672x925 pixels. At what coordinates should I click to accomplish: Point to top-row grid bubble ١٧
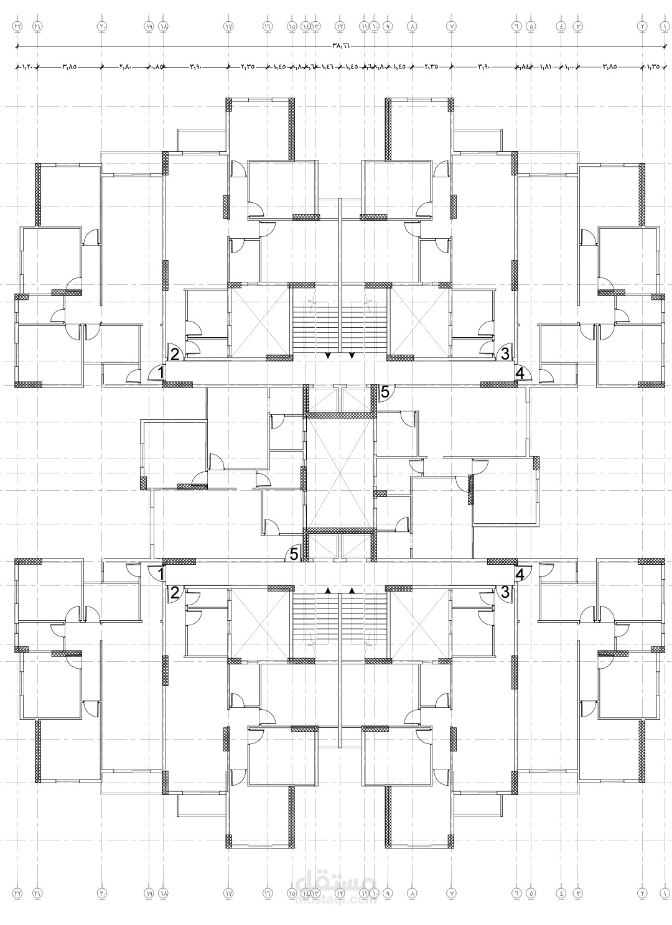click(228, 27)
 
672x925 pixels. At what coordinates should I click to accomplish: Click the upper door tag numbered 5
click(385, 392)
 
